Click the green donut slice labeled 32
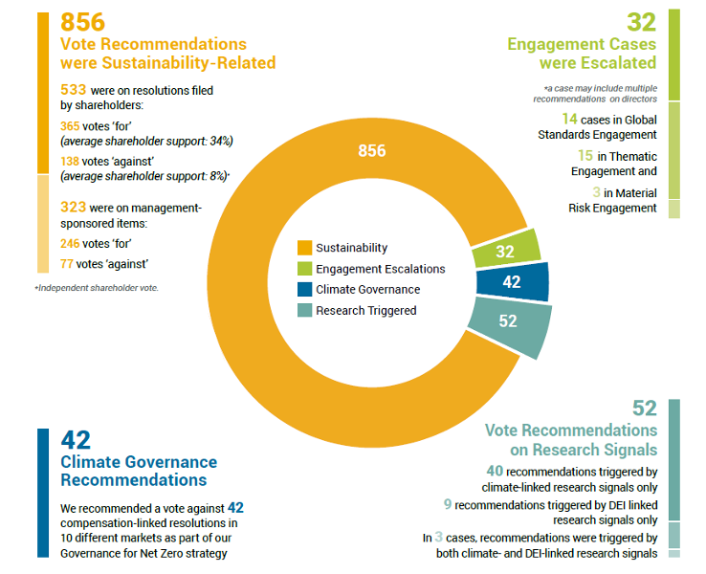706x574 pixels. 507,250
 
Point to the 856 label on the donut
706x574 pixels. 371,151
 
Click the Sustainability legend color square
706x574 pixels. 304,248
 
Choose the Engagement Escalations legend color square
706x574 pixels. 304,269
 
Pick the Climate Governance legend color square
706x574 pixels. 304,290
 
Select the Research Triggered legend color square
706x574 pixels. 304,311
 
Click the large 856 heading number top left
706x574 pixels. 82,22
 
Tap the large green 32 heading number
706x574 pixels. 640,22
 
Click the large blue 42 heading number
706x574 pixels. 76,439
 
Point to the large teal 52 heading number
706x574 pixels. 644,408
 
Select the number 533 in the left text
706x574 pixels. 73,90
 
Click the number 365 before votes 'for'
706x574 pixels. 73,124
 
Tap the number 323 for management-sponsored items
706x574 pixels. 73,206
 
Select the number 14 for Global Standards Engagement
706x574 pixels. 570,119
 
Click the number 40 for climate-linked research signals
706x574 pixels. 494,471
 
